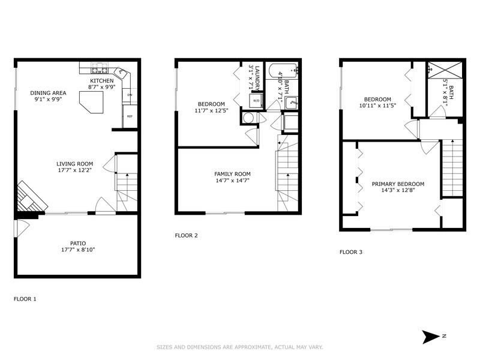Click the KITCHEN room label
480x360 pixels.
click(102, 80)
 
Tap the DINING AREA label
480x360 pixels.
click(49, 93)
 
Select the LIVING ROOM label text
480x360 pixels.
click(74, 164)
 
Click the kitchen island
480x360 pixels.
click(93, 103)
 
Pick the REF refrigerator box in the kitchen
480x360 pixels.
click(129, 116)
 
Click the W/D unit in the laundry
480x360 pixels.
click(256, 100)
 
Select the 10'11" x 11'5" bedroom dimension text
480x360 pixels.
click(376, 106)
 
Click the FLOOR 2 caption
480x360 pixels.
click(186, 235)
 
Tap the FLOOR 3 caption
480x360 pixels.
click(351, 252)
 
